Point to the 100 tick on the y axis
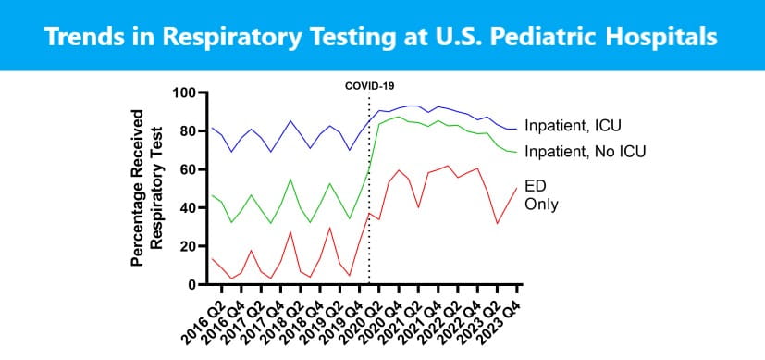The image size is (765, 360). pos(188,93)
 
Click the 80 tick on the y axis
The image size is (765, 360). pos(191,131)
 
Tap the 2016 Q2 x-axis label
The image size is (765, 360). pos(196,316)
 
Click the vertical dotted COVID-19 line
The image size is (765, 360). pos(369,185)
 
